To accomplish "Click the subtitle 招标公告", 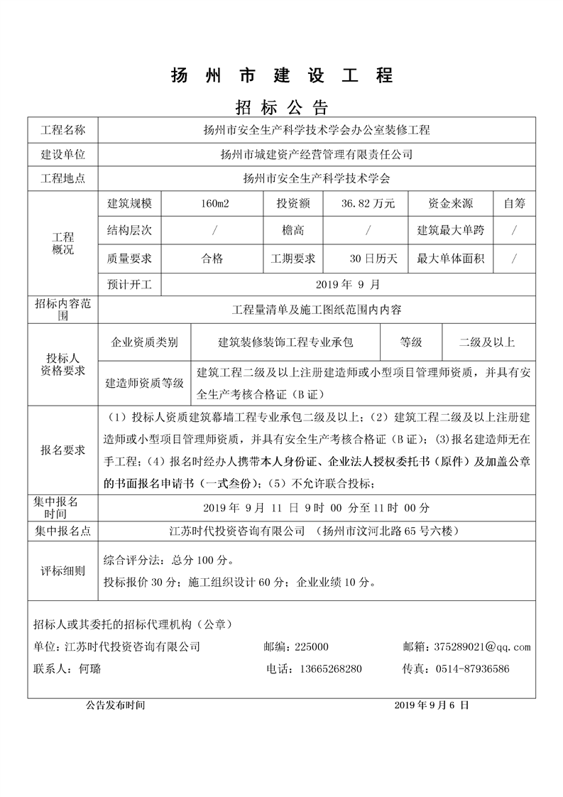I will coord(281,108).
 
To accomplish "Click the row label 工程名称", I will coord(63,131).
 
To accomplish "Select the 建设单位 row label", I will coord(63,154).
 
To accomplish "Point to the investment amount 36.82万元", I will coord(368,204).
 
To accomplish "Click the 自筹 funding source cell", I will coord(515,204).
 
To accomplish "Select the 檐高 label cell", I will coord(293,231).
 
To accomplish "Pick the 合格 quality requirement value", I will coord(212,259).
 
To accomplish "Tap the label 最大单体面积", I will coord(451,259).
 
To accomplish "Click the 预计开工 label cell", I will coord(130,284).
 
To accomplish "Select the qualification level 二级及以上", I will coord(486,342).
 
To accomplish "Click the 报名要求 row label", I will coord(63,450).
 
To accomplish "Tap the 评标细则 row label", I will coord(63,570).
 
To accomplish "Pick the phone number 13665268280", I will coord(332,669).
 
